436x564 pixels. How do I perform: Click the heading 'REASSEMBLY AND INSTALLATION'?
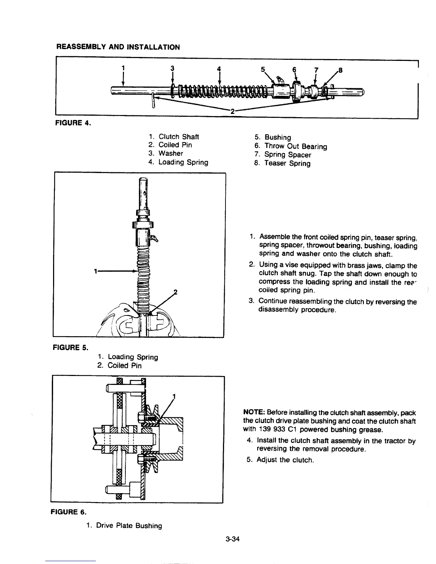[x=118, y=47]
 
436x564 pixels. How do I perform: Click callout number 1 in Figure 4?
[x=123, y=68]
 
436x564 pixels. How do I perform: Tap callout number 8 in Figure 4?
[x=340, y=70]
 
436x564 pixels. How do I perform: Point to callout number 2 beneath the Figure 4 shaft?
[x=232, y=111]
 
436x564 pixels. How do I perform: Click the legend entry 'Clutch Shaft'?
[x=178, y=137]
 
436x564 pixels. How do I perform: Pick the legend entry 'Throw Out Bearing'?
[x=295, y=146]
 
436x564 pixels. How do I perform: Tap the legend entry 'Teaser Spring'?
[x=287, y=163]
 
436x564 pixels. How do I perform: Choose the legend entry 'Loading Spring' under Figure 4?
[x=183, y=162]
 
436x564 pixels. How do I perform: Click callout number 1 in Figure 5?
[x=95, y=271]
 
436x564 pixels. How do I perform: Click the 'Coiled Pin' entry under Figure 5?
[x=124, y=366]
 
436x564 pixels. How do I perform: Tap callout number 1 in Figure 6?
[x=174, y=396]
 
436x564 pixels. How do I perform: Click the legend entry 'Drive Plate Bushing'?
[x=129, y=526]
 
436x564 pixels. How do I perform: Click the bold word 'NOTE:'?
[x=253, y=413]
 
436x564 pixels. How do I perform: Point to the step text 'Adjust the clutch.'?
[x=285, y=460]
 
